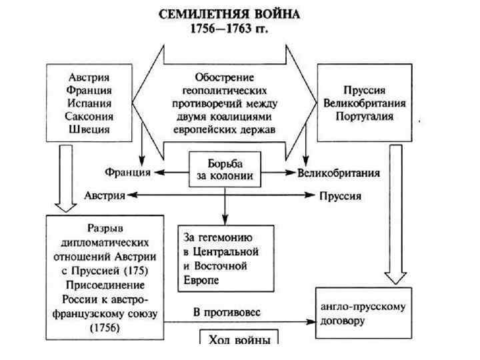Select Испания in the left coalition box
89,103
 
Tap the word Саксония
89,116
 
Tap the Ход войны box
236,339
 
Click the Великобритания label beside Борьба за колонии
339,173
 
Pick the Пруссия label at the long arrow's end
340,196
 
